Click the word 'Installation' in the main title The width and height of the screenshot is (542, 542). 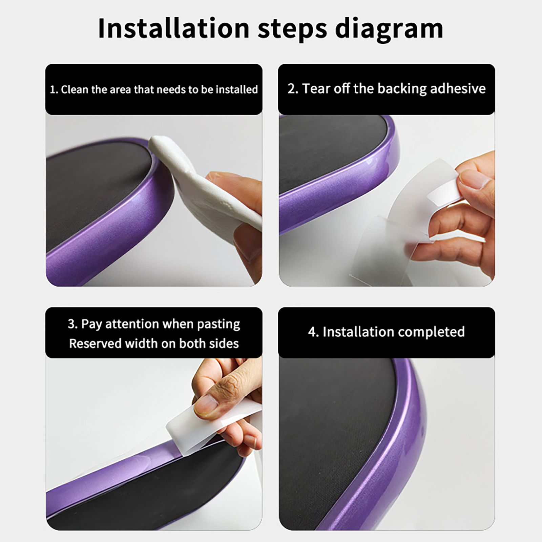point(174,28)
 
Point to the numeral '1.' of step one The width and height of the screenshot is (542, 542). point(54,90)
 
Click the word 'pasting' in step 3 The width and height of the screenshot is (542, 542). point(218,325)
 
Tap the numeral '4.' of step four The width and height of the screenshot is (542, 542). point(313,332)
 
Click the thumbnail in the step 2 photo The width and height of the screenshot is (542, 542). point(475,180)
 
